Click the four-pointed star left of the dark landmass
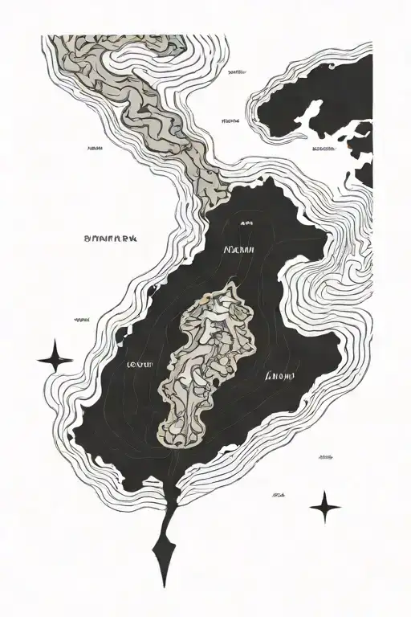pyautogui.click(x=55, y=356)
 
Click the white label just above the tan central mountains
pyautogui.click(x=242, y=251)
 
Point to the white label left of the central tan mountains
pyautogui.click(x=140, y=365)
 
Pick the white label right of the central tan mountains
pyautogui.click(x=279, y=375)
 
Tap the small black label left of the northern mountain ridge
pyautogui.click(x=95, y=148)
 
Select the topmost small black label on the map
pyautogui.click(x=237, y=72)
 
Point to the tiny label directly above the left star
pyautogui.click(x=81, y=320)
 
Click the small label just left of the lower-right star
pyautogui.click(x=280, y=496)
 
